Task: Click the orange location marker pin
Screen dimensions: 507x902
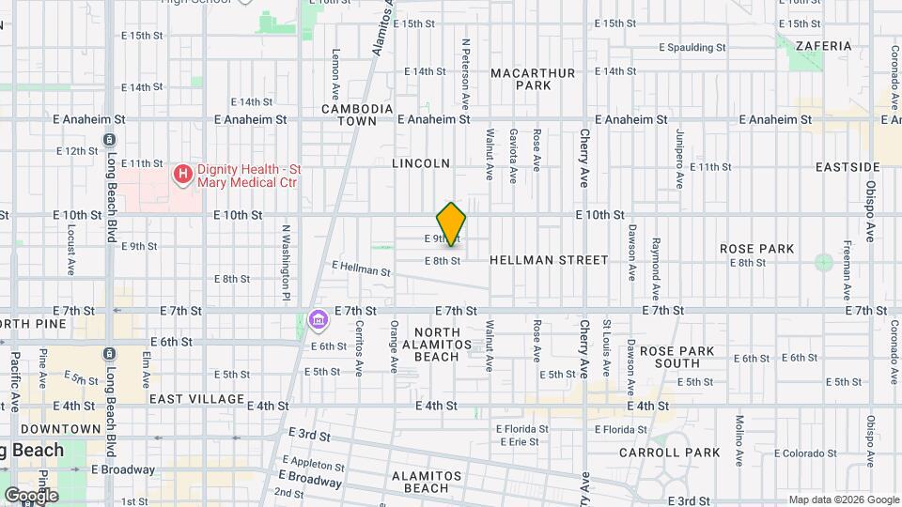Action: coord(451,223)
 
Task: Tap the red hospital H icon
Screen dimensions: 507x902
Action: coord(182,174)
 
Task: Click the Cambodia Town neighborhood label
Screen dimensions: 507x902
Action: coord(356,115)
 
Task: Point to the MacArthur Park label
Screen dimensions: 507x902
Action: coord(520,79)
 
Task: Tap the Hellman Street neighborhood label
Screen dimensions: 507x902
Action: coord(549,260)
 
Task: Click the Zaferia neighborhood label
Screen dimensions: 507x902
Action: coord(823,45)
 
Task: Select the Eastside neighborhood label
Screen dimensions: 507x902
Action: coord(848,167)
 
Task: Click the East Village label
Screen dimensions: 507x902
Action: coord(191,399)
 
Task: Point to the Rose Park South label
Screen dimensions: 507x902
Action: coord(677,357)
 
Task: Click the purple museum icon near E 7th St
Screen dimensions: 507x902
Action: coord(319,321)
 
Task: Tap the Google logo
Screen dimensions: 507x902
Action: coord(30,495)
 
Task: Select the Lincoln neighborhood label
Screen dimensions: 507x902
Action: coord(421,163)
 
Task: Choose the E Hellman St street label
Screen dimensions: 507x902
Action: coord(361,269)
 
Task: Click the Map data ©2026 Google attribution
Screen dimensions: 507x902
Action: coord(843,499)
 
